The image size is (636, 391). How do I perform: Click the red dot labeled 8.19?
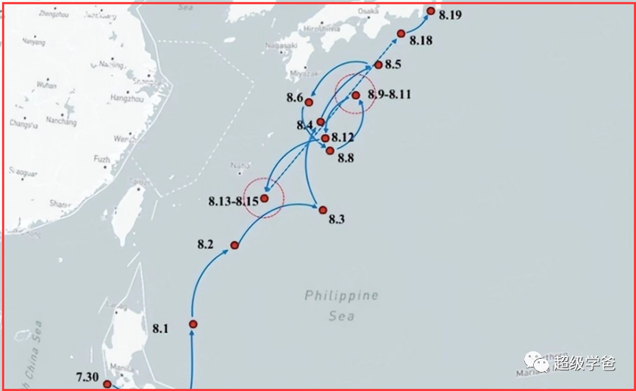click(x=431, y=10)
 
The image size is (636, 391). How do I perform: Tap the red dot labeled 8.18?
click(x=401, y=33)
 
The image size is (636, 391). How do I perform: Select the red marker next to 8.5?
click(x=378, y=65)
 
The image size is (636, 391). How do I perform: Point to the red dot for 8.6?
click(x=310, y=102)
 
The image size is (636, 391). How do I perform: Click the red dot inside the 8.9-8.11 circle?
click(x=355, y=96)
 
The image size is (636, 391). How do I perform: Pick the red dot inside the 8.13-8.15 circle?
click(x=264, y=198)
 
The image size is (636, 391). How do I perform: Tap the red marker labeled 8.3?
click(x=322, y=209)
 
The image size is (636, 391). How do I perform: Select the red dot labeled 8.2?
click(x=235, y=245)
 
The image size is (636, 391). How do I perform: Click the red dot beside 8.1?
click(x=193, y=324)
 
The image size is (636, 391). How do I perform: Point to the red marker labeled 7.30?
click(x=107, y=384)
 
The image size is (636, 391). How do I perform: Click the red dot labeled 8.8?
click(x=330, y=151)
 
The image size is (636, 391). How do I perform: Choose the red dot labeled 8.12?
click(x=325, y=138)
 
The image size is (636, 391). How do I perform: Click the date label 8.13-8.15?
click(x=233, y=201)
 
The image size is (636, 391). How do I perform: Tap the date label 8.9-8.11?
click(x=390, y=95)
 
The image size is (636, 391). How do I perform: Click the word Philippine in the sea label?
click(x=342, y=295)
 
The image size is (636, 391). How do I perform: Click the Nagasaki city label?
click(x=281, y=45)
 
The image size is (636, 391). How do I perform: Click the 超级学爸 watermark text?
click(x=585, y=361)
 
